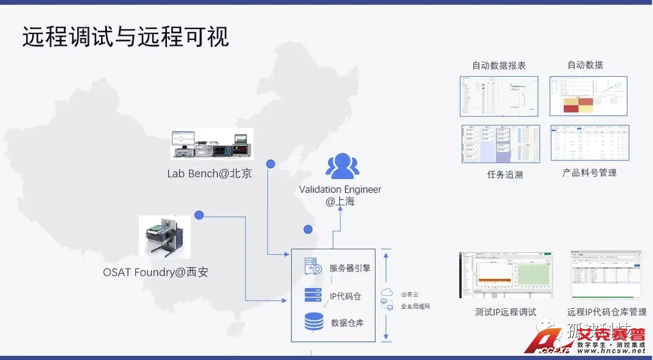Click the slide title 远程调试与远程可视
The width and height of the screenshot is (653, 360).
tap(126, 37)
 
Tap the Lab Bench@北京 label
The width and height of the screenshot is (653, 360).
tap(209, 174)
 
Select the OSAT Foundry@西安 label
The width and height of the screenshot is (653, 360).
tap(155, 272)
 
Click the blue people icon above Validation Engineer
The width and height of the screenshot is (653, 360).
tap(342, 166)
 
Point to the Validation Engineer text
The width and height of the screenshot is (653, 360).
tap(340, 190)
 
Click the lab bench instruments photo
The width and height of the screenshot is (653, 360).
tap(212, 144)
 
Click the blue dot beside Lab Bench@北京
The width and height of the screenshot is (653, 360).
tap(271, 164)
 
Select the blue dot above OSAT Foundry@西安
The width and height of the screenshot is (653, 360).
tap(199, 215)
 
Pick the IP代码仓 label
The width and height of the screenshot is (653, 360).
tap(345, 296)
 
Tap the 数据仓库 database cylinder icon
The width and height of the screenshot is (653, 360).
tap(314, 321)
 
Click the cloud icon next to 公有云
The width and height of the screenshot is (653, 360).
tap(386, 293)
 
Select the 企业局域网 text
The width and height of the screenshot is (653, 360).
tap(415, 307)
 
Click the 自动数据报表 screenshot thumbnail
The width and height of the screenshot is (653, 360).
tap(499, 96)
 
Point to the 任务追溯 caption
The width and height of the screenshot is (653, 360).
tap(504, 174)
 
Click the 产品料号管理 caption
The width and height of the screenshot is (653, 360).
tap(590, 173)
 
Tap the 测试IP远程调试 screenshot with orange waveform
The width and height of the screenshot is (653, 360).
tap(505, 276)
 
